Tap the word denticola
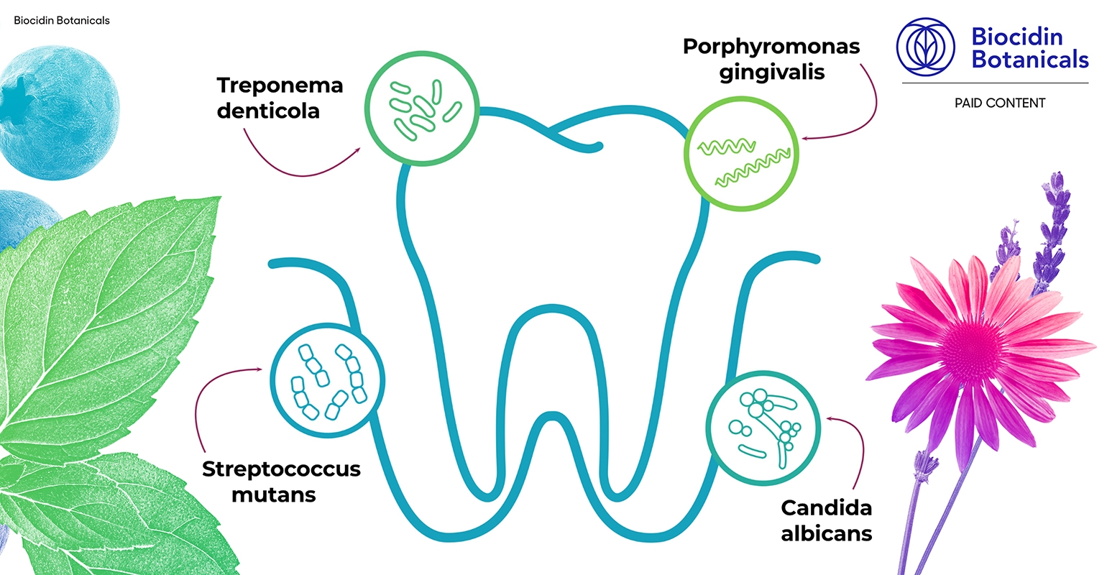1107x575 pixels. click(268, 111)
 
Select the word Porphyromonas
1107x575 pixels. click(771, 47)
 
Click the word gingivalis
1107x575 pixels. click(772, 73)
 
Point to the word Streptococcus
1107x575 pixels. click(281, 469)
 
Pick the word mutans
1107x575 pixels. click(274, 495)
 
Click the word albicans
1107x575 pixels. click(827, 534)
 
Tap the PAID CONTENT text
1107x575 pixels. click(999, 103)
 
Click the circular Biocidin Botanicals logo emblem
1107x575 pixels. click(926, 47)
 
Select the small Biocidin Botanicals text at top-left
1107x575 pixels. click(62, 21)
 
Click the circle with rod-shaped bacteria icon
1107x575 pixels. click(422, 108)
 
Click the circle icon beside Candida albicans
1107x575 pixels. click(763, 424)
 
